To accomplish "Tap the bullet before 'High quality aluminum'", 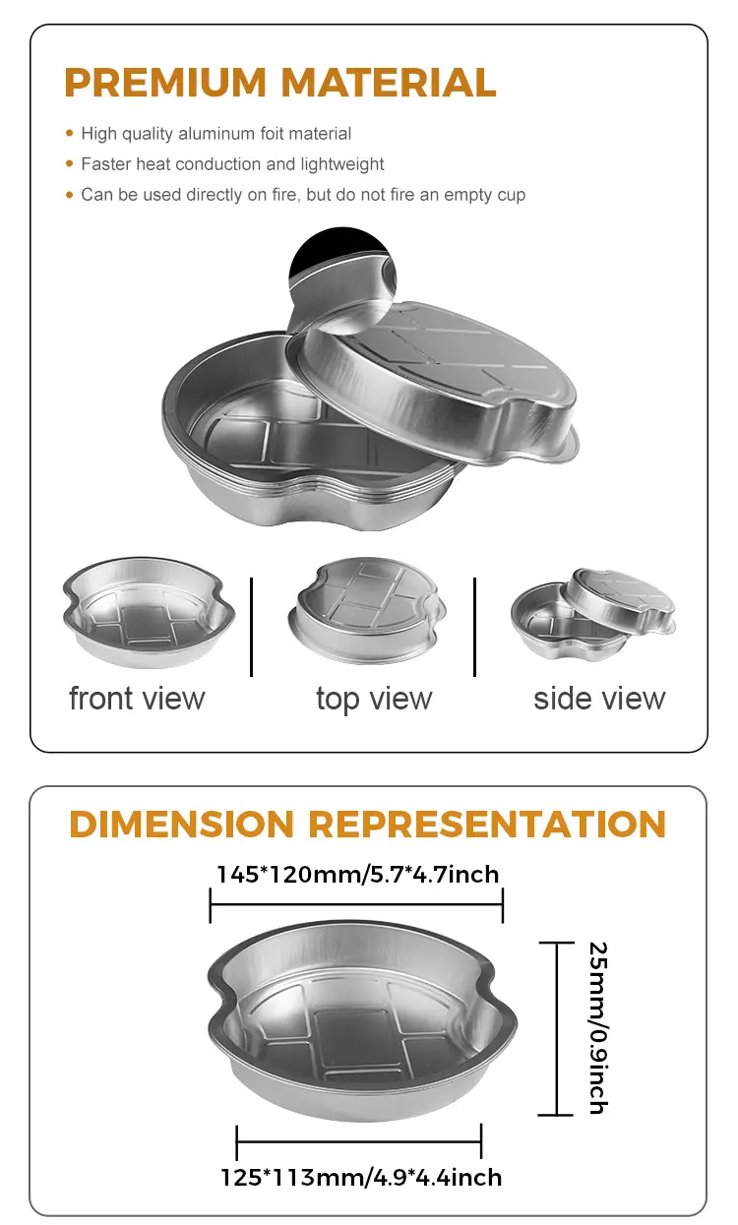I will coord(69,133).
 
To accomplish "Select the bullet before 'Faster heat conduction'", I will coord(69,164).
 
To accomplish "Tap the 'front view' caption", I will coord(137,699).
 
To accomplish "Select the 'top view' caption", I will coord(374,699).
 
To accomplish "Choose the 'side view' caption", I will coord(599,699).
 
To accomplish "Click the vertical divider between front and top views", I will coord(252,627).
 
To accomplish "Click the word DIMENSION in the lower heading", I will coord(182,824).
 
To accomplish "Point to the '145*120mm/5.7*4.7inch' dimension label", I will coord(357,874).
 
